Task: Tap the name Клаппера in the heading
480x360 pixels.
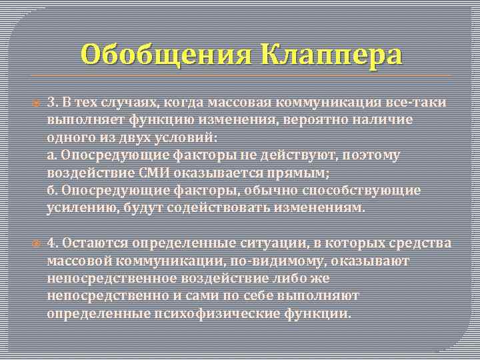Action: pos(326,55)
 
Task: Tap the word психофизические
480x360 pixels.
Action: pos(195,311)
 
